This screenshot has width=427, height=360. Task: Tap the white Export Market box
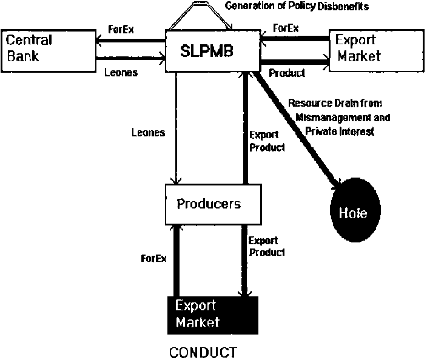pyautogui.click(x=374, y=48)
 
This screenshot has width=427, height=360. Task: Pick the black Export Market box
pyautogui.click(x=213, y=313)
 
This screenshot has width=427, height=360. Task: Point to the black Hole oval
pyautogui.click(x=357, y=214)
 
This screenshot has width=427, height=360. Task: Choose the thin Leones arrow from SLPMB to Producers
pyautogui.click(x=176, y=127)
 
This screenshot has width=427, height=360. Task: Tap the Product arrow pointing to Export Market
pyautogui.click(x=294, y=61)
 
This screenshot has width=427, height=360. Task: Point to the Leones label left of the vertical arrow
pyautogui.click(x=148, y=133)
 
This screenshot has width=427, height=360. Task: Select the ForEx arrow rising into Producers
pyautogui.click(x=176, y=261)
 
